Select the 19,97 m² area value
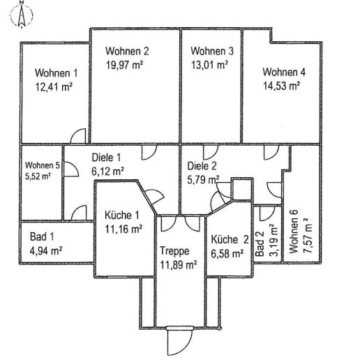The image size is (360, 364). [124, 65]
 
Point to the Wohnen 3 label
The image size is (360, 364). [212, 52]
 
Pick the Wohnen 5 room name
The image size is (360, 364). [43, 165]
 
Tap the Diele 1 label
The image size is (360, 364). [107, 158]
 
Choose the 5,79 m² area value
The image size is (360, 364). [204, 179]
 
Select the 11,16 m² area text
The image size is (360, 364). [123, 228]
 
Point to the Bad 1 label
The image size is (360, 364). [40, 237]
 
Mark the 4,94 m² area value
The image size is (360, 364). [46, 250]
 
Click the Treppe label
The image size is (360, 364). [172, 251]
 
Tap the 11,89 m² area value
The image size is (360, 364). [178, 264]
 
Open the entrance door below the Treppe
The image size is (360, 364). [178, 342]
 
